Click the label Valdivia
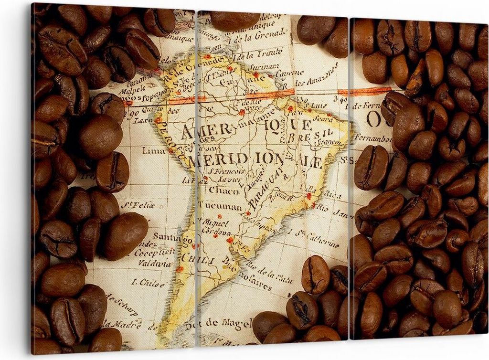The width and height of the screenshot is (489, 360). (154, 263)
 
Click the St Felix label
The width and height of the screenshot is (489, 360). (138, 206)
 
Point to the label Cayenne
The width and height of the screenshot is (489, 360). (288, 73)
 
